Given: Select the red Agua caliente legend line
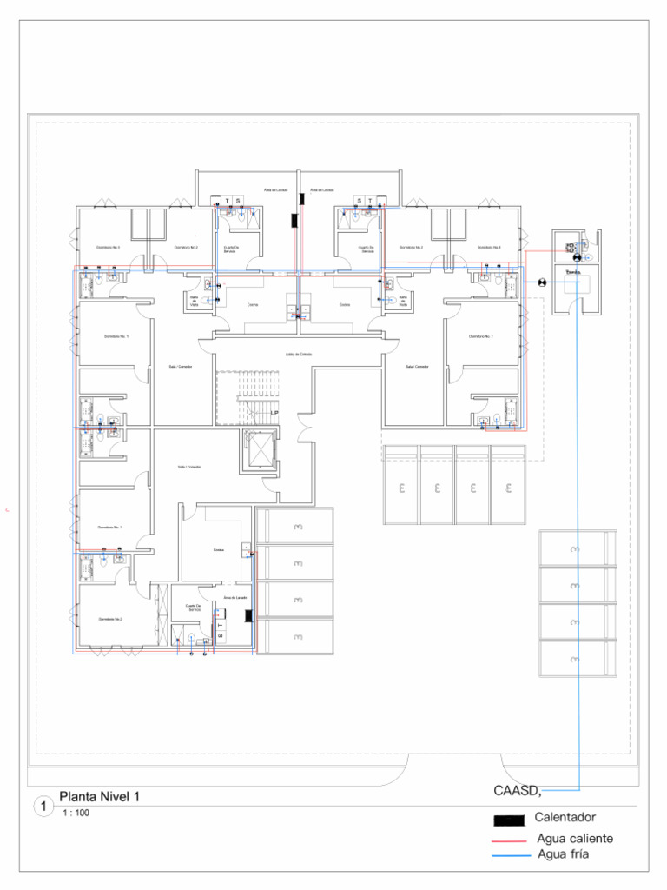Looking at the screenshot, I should [510, 841].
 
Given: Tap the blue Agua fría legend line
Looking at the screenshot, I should [510, 857].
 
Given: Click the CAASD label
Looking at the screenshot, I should [517, 791].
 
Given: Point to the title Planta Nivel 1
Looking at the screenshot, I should [99, 796].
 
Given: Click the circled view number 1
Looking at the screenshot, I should [43, 807].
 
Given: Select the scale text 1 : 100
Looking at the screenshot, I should [76, 814].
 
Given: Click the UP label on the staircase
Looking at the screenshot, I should [274, 413].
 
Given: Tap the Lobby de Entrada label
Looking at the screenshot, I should [299, 355].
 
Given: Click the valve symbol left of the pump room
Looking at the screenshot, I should [542, 282].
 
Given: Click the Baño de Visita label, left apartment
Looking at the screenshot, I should [194, 301].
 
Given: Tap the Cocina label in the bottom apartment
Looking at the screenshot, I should [218, 549].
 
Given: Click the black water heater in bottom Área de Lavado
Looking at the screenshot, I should [249, 615].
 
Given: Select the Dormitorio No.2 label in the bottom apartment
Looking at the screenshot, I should [110, 619].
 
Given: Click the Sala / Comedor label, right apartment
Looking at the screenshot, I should [417, 367].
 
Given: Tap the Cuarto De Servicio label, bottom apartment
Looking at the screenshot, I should [194, 608].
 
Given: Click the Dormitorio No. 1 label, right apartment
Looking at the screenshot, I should [480, 336].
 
